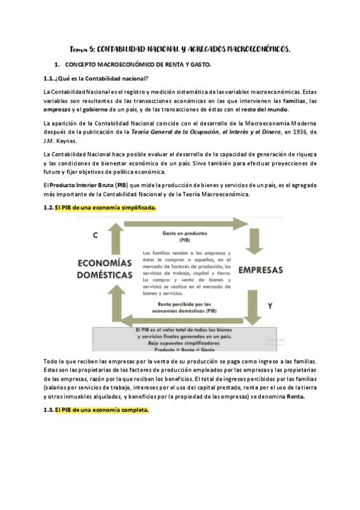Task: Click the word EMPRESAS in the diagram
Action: [x=261, y=270]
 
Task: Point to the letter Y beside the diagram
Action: [x=270, y=306]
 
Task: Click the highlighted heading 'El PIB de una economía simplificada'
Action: [x=105, y=207]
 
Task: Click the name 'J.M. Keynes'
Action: [x=60, y=141]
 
